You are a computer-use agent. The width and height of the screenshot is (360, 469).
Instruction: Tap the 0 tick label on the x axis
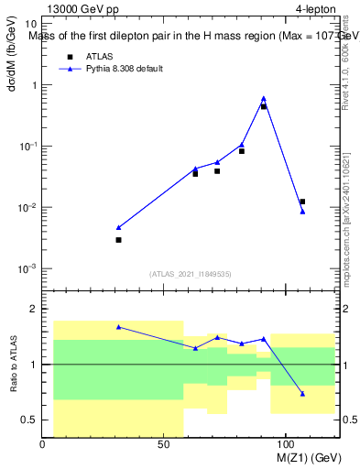pyautogui.click(x=43, y=444)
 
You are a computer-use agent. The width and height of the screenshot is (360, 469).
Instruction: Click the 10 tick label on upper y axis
pyautogui.click(x=31, y=24)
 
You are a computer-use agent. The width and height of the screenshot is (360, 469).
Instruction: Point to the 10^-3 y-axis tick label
pyautogui.click(x=27, y=269)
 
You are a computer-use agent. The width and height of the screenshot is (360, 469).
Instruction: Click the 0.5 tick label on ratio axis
pyautogui.click(x=30, y=420)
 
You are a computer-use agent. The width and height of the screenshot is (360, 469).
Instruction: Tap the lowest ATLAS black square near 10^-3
pyautogui.click(x=118, y=240)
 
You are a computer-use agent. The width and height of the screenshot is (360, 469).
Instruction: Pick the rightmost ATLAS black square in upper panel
pyautogui.click(x=302, y=202)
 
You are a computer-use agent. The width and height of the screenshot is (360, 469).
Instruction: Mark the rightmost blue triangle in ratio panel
pyautogui.click(x=302, y=394)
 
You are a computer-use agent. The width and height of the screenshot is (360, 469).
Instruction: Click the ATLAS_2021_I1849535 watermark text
pyautogui.click(x=190, y=274)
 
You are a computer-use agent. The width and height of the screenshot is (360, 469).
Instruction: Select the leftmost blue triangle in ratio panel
pyautogui.click(x=118, y=326)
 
